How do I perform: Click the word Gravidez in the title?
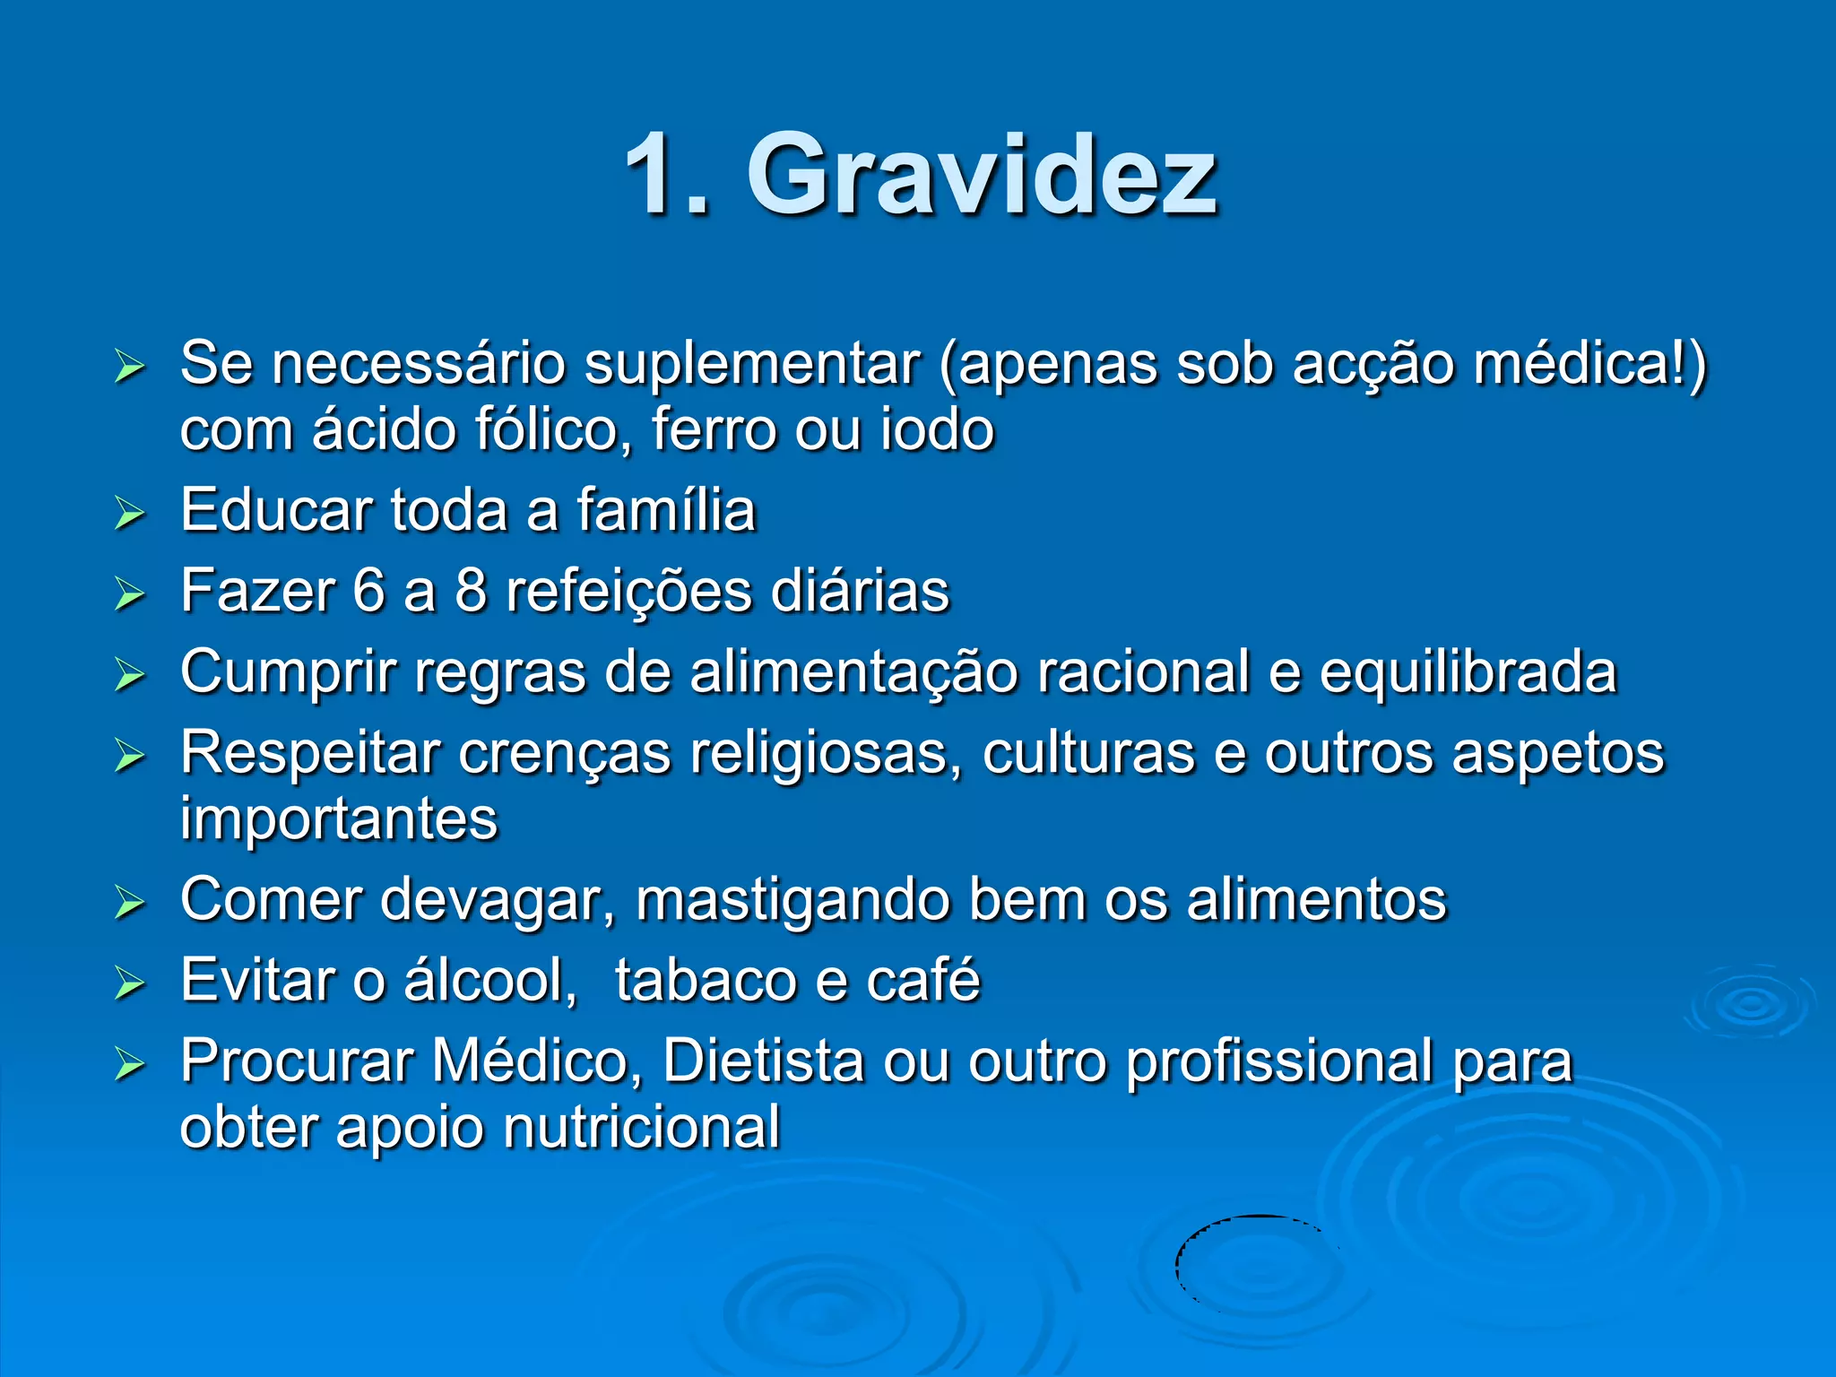(x=982, y=175)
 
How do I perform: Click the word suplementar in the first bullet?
(x=751, y=365)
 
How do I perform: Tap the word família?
(x=665, y=510)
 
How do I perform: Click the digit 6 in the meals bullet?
(x=368, y=592)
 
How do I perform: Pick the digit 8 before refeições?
(x=471, y=592)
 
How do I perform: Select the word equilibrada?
(x=1468, y=672)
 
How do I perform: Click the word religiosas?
(x=818, y=753)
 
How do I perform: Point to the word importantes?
(x=339, y=818)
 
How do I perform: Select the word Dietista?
(x=763, y=1061)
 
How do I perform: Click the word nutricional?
(x=641, y=1127)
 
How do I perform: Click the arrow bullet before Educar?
(x=130, y=514)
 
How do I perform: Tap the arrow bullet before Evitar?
(x=130, y=983)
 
